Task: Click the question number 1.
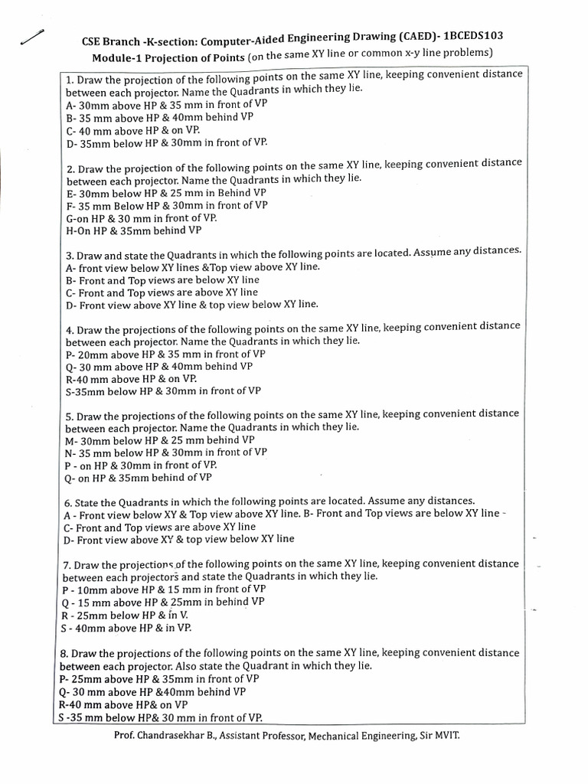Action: click(x=68, y=80)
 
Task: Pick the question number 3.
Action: click(x=68, y=256)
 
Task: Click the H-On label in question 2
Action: click(x=80, y=230)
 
